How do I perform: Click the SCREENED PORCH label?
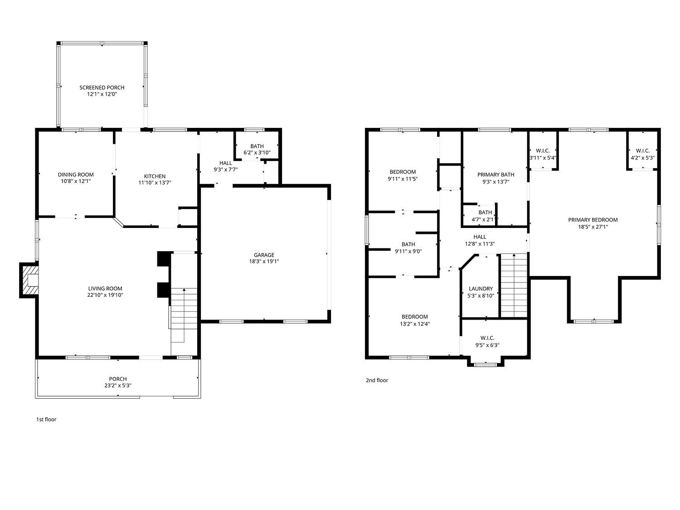[x=102, y=87]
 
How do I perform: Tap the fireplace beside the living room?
[x=29, y=280]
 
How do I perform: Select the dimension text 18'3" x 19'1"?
[x=264, y=262]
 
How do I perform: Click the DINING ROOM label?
[x=76, y=175]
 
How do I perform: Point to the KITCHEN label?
[x=155, y=176]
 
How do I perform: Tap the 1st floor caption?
[x=46, y=419]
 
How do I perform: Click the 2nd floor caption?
[x=377, y=380]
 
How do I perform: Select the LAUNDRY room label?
[x=481, y=289]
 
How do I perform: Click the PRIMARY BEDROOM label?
[x=593, y=220]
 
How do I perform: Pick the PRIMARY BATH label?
[x=495, y=175]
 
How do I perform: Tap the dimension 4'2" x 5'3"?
[x=642, y=158]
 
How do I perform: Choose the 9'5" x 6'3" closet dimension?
[x=487, y=345]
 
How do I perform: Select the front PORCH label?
[x=118, y=379]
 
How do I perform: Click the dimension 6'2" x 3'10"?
[x=257, y=152]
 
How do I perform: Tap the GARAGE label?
[x=264, y=255]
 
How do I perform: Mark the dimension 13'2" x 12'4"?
[x=414, y=324]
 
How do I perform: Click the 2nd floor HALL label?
[x=480, y=237]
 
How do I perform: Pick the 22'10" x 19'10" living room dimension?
[x=105, y=295]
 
